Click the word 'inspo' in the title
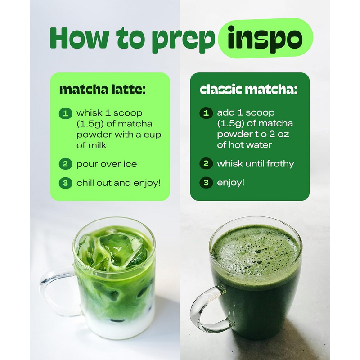(x=265, y=39)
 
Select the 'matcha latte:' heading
(x=103, y=90)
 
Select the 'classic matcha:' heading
(x=249, y=90)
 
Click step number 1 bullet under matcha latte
(x=65, y=113)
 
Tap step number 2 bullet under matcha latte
(x=65, y=164)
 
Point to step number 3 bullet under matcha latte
(x=65, y=184)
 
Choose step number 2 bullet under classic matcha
(x=206, y=164)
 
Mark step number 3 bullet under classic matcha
(x=206, y=184)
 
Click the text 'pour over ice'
(x=107, y=164)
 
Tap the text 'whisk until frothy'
(x=255, y=164)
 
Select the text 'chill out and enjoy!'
(x=118, y=184)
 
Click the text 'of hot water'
(x=244, y=145)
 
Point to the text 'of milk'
(x=92, y=145)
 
